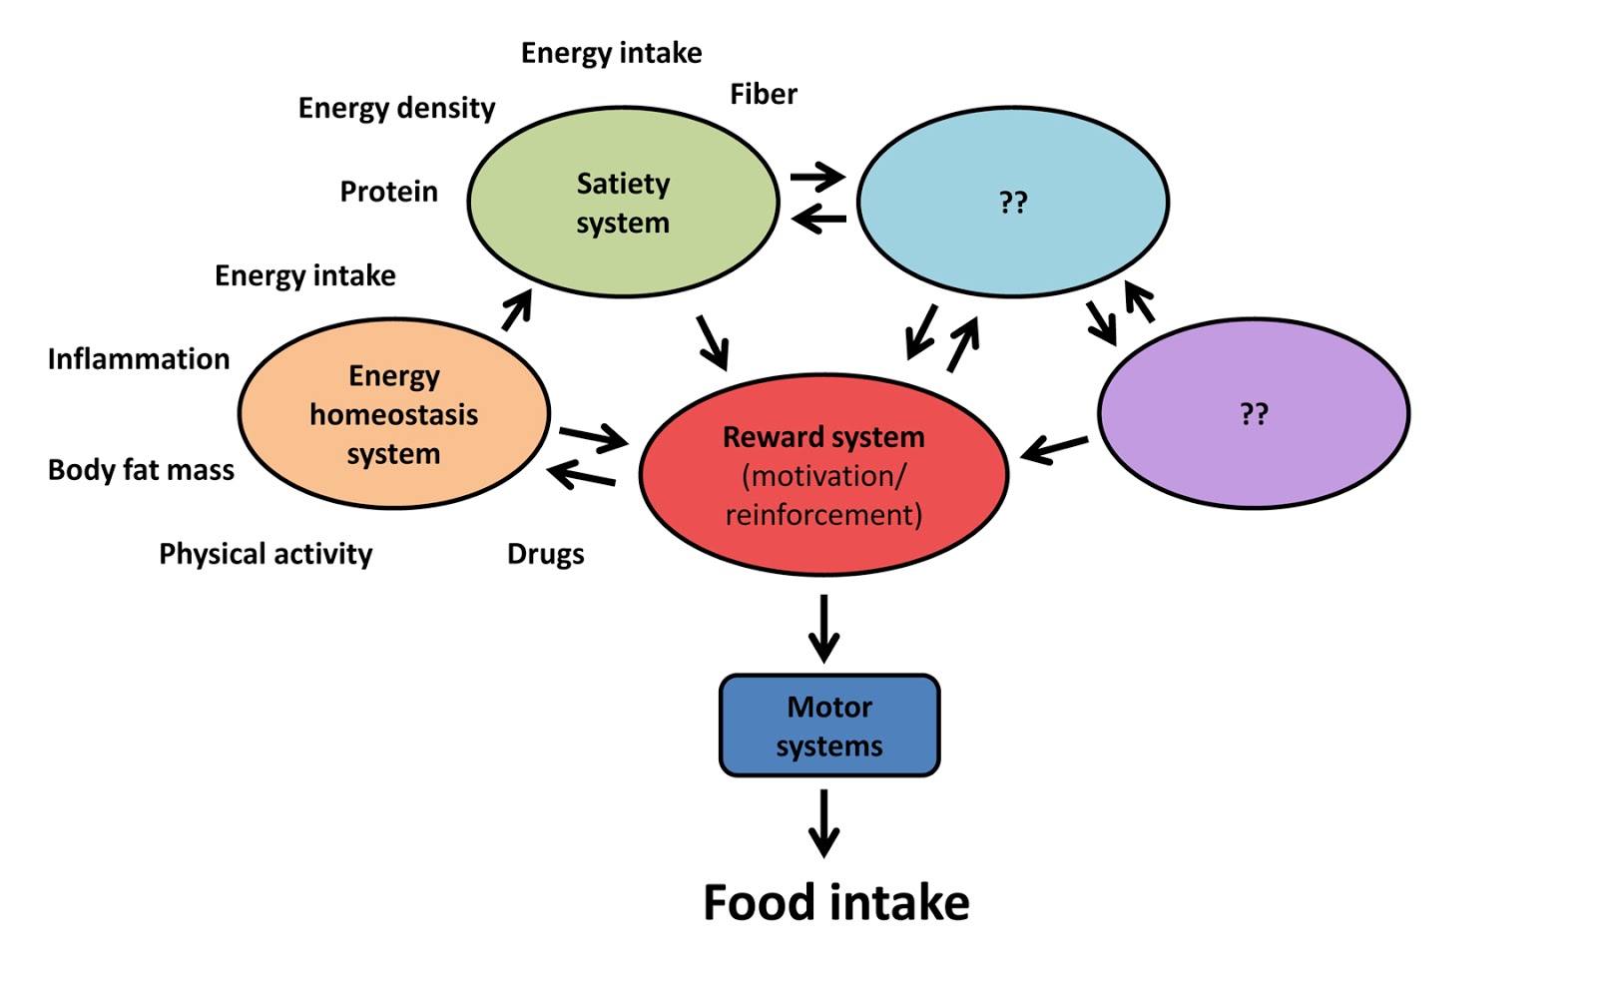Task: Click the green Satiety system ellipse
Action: tap(623, 202)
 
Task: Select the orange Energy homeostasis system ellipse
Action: tap(393, 414)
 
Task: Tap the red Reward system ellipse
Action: tap(823, 475)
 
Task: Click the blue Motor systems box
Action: tap(829, 726)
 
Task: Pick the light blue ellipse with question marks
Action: tap(1013, 203)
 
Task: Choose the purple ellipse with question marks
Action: tap(1254, 413)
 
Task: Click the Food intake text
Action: tap(835, 902)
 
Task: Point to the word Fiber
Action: tap(764, 94)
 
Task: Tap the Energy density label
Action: tap(396, 108)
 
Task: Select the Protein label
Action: tap(388, 192)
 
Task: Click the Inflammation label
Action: tap(139, 359)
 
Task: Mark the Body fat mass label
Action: tap(141, 470)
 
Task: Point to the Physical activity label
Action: tap(266, 554)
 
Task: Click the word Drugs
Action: tap(545, 554)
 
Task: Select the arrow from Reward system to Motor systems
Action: tap(823, 629)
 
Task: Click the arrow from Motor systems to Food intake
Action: tap(823, 823)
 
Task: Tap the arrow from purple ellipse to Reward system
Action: tap(1055, 449)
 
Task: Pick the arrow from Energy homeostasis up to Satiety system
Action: tap(516, 310)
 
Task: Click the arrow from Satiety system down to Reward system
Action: tap(713, 342)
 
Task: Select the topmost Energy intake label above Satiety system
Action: tap(611, 53)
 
